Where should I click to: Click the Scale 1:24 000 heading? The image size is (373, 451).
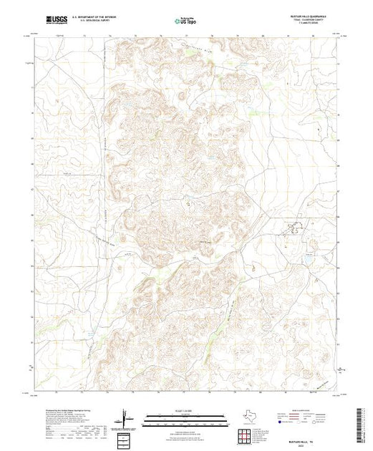coord(185,410)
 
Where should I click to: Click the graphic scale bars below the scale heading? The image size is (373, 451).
coord(185,417)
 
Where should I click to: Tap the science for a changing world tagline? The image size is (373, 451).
coord(55,26)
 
